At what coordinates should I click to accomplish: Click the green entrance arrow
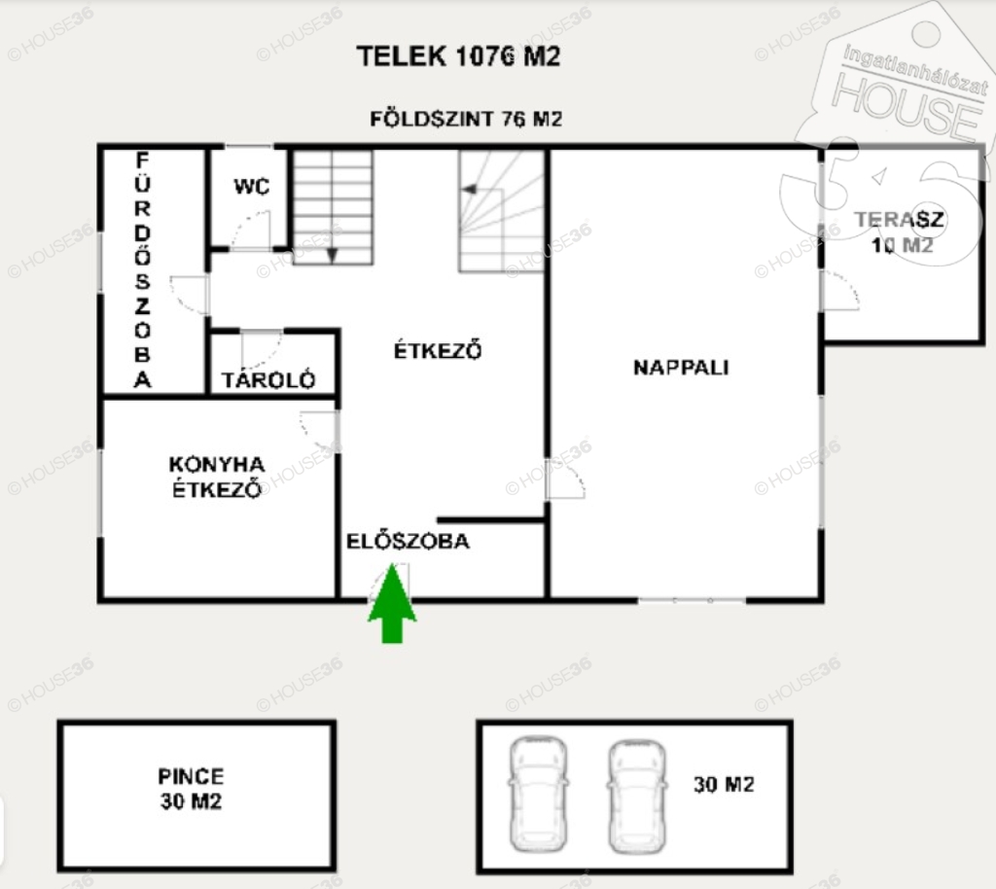coord(393,603)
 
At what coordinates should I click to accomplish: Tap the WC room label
coord(252,186)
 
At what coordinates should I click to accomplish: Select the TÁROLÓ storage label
coord(268,379)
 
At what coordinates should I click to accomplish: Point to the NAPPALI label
coord(681,367)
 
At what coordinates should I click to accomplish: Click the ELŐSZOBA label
coord(408,541)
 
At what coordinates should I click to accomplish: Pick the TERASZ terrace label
coord(899,219)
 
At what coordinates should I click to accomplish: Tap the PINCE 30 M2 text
coord(191,788)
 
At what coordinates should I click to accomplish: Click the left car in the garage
coord(538,795)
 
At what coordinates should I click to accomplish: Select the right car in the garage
coord(637,797)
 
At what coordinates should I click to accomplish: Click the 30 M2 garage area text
coord(724,785)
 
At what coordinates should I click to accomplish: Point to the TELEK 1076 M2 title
coord(459,55)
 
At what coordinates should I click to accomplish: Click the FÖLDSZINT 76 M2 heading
coord(466,119)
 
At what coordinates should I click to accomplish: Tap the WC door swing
coord(251,230)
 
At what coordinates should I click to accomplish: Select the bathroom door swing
coord(190,295)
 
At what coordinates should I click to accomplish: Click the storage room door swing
coord(262,348)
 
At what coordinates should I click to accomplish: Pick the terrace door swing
coord(840,291)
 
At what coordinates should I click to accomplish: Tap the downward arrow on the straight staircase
coord(333,255)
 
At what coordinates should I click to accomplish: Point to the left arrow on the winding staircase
coord(470,190)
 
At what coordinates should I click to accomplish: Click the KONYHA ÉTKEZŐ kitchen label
coord(217,477)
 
